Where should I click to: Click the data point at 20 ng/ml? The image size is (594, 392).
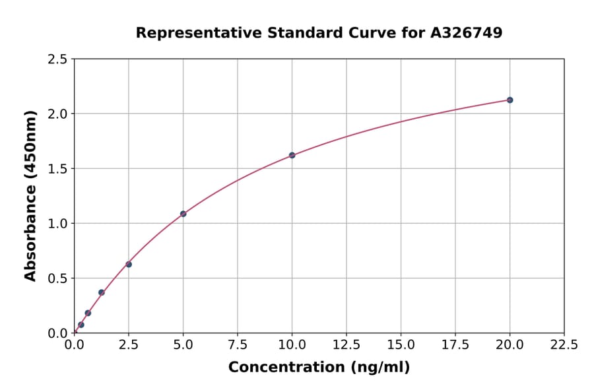coord(510,100)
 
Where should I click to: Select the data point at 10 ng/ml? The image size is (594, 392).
coord(292,155)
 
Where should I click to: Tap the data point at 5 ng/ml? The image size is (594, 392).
coord(183,214)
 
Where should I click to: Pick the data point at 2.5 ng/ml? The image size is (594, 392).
coord(129,264)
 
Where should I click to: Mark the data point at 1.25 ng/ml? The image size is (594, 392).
coord(102,292)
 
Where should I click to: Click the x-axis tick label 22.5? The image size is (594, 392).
coord(564,344)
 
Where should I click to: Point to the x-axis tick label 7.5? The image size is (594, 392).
coord(238,344)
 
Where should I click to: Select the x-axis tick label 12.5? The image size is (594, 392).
coord(346,344)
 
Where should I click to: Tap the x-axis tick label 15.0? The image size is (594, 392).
coord(401,344)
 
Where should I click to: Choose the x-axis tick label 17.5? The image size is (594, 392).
coord(455,344)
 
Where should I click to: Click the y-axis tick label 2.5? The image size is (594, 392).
coord(58,59)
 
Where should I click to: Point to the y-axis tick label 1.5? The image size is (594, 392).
coord(58,169)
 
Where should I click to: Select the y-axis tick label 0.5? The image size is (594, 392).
coord(58,278)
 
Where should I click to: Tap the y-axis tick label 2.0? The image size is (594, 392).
coord(58,114)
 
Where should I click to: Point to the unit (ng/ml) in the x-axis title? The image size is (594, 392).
coord(379,367)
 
